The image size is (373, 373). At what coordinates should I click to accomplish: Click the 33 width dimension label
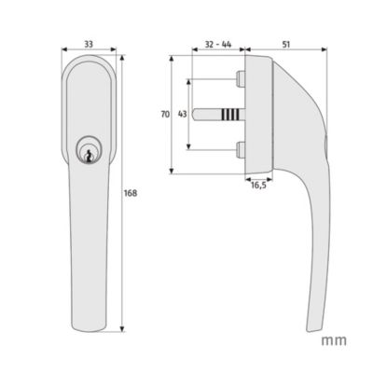tap(89, 45)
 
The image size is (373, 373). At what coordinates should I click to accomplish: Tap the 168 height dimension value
tap(131, 193)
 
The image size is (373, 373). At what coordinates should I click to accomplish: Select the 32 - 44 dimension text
tap(218, 45)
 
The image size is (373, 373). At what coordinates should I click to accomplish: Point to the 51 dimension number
tap(286, 45)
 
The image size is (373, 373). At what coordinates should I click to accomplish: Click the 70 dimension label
tap(165, 115)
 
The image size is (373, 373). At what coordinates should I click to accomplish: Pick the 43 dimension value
tap(182, 115)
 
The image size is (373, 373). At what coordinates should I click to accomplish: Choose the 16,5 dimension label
tap(258, 186)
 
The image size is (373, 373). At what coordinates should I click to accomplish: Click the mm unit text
tap(334, 340)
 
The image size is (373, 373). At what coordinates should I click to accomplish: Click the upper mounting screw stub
tap(241, 78)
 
